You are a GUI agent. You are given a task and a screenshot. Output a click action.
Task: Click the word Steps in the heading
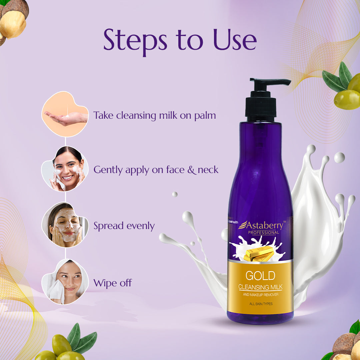pyautogui.click(x=135, y=41)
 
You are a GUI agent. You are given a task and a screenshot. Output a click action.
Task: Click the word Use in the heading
pyautogui.click(x=235, y=39)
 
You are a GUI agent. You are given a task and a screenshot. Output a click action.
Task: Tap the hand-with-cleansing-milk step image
pyautogui.click(x=65, y=114)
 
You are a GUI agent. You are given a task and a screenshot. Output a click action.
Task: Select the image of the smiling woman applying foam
pyautogui.click(x=65, y=169)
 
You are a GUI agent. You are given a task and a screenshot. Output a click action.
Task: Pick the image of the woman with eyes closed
pyautogui.click(x=65, y=225)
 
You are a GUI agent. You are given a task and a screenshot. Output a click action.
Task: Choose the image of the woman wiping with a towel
pyautogui.click(x=65, y=282)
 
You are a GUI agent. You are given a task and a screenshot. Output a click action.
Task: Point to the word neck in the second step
pyautogui.click(x=208, y=170)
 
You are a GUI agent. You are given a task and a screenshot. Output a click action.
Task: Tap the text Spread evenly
pyautogui.click(x=124, y=226)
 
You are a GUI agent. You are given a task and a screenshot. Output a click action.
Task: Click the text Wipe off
pyautogui.click(x=113, y=283)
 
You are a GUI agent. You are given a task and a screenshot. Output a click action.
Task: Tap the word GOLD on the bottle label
pyautogui.click(x=260, y=276)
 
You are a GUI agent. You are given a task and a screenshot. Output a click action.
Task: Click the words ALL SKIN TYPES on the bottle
pyautogui.click(x=261, y=304)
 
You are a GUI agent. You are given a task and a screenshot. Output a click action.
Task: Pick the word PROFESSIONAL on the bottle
pyautogui.click(x=263, y=233)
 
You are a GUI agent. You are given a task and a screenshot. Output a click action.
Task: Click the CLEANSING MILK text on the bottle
pyautogui.click(x=260, y=287)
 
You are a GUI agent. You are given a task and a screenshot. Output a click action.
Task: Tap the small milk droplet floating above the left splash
pyautogui.click(x=175, y=194)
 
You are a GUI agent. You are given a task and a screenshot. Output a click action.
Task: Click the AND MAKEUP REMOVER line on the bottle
pyautogui.click(x=261, y=295)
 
